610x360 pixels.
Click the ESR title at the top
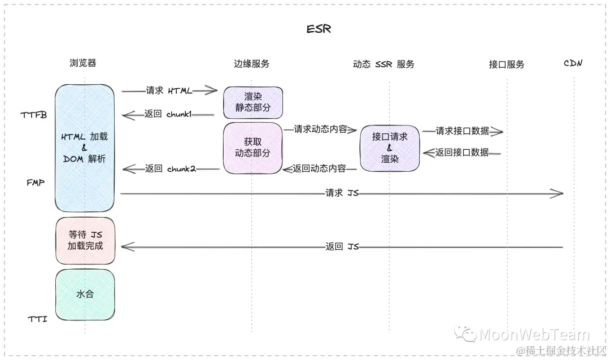(x=319, y=29)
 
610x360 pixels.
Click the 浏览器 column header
(x=83, y=63)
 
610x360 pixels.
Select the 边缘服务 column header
(x=252, y=64)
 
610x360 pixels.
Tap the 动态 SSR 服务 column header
(x=384, y=64)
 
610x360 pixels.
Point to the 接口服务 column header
(x=507, y=64)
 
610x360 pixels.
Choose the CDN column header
(x=573, y=63)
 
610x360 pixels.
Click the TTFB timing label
(x=34, y=115)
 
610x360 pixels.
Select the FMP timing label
(x=36, y=183)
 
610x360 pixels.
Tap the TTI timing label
(x=38, y=319)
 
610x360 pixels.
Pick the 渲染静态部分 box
(x=252, y=102)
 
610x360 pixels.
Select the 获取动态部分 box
(x=252, y=148)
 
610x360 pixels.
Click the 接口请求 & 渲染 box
(x=390, y=148)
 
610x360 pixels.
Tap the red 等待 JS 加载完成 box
(x=85, y=240)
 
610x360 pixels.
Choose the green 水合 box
(x=85, y=294)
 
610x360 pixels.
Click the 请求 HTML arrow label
(x=169, y=90)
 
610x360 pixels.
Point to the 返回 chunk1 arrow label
(x=168, y=114)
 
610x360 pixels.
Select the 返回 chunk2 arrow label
(x=170, y=168)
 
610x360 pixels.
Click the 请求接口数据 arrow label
(x=462, y=131)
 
